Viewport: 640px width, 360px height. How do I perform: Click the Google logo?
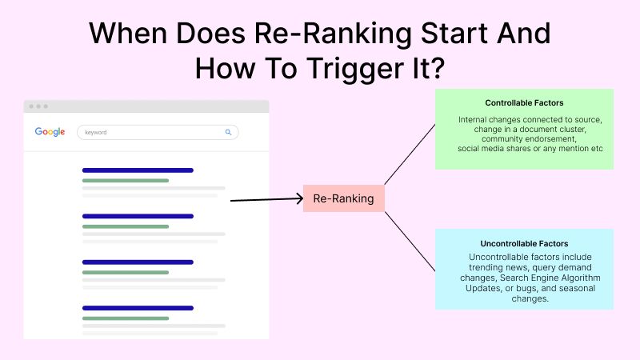pyautogui.click(x=50, y=132)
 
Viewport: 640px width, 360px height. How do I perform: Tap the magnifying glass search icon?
pyautogui.click(x=228, y=132)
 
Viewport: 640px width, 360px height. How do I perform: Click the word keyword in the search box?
pyautogui.click(x=95, y=132)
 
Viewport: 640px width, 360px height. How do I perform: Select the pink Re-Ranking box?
pyautogui.click(x=344, y=198)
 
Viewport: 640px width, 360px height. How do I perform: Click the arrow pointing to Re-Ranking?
pyautogui.click(x=267, y=199)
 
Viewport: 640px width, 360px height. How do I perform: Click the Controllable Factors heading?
pyautogui.click(x=524, y=103)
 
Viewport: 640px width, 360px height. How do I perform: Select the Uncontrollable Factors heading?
pyautogui.click(x=524, y=244)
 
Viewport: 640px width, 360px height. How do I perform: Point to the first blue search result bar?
pyautogui.click(x=138, y=170)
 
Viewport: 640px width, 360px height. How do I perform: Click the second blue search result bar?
pyautogui.click(x=138, y=216)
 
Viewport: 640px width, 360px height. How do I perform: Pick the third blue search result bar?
pyautogui.click(x=138, y=262)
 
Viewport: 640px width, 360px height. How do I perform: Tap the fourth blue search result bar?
pyautogui.click(x=138, y=308)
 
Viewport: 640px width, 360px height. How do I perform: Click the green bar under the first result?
pyautogui.click(x=126, y=181)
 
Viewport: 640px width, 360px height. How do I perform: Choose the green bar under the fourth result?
pyautogui.click(x=126, y=318)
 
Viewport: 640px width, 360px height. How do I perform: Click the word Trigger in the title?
pyautogui.click(x=356, y=69)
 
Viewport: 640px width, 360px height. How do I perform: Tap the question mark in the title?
pyautogui.click(x=437, y=67)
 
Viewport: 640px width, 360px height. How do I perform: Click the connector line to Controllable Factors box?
pyautogui.click(x=410, y=154)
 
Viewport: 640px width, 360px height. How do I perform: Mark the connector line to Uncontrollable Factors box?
pyautogui.click(x=410, y=242)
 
